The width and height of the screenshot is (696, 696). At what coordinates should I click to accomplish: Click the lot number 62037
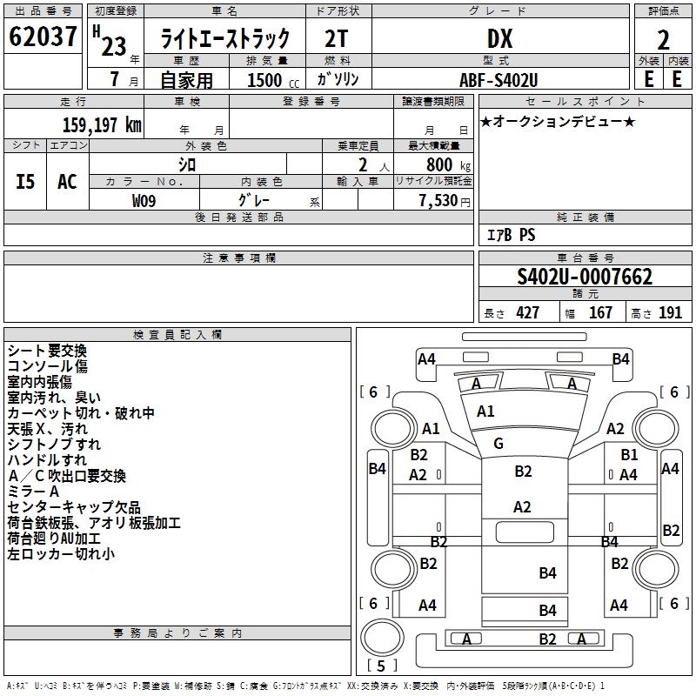[42, 37]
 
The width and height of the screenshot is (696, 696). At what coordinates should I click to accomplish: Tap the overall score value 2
[663, 39]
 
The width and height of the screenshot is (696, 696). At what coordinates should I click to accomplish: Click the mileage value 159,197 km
[101, 124]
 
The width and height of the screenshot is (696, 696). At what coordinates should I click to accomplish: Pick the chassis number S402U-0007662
[585, 278]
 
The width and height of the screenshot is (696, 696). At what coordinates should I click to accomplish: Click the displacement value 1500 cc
[266, 80]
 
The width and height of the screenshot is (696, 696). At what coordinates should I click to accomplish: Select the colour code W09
[144, 201]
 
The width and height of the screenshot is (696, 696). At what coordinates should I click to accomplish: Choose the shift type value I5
[25, 182]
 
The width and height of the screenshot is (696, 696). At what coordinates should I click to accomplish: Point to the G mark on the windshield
[499, 444]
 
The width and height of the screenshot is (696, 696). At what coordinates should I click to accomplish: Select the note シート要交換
[47, 351]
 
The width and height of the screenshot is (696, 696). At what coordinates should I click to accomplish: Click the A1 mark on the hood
[485, 412]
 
